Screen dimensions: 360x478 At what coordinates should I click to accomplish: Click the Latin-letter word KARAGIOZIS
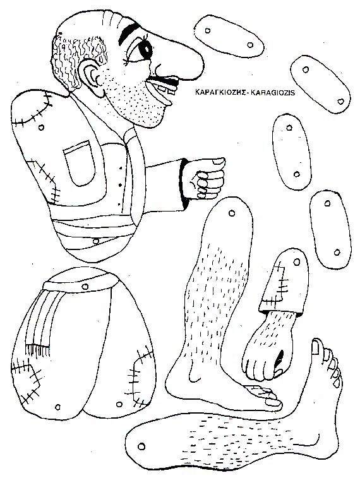coord(272,92)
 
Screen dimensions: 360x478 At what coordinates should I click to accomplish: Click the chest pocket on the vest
coord(79,163)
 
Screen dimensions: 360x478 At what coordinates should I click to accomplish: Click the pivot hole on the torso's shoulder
coord(42,127)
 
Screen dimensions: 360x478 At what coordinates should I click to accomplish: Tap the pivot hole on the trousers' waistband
coord(85,286)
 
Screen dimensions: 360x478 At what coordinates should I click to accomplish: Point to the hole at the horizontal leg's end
coord(141,446)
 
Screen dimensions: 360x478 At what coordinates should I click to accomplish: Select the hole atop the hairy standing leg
coord(232,213)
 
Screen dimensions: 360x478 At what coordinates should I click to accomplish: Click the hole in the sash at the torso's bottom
coord(96,241)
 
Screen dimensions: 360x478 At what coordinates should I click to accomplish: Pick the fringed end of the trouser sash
coord(37,350)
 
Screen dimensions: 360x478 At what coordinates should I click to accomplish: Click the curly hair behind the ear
coord(76,58)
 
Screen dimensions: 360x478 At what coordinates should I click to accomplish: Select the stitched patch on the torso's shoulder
coord(30,107)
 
